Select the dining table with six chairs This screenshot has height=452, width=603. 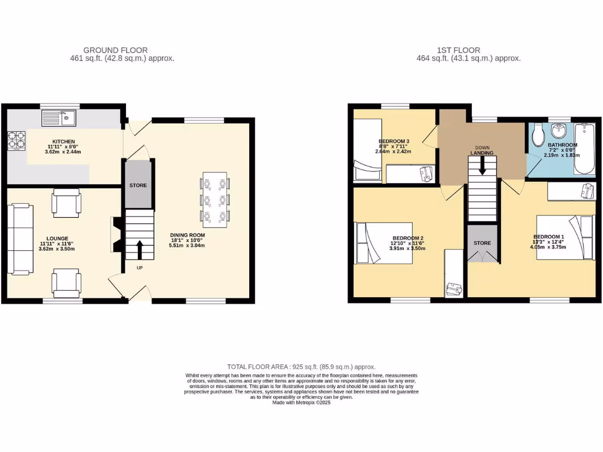pos(214,200)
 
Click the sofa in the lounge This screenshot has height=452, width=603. pos(21,238)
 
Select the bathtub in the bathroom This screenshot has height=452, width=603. pos(585,148)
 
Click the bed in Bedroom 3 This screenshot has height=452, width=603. pos(367,145)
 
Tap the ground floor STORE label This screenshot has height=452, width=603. pos(138,185)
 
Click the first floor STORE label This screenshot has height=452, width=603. pos(482,242)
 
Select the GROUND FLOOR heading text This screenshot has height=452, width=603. pos(115,50)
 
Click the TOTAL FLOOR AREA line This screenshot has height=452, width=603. pos(301,367)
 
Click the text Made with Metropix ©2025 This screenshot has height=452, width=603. pos(301,403)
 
